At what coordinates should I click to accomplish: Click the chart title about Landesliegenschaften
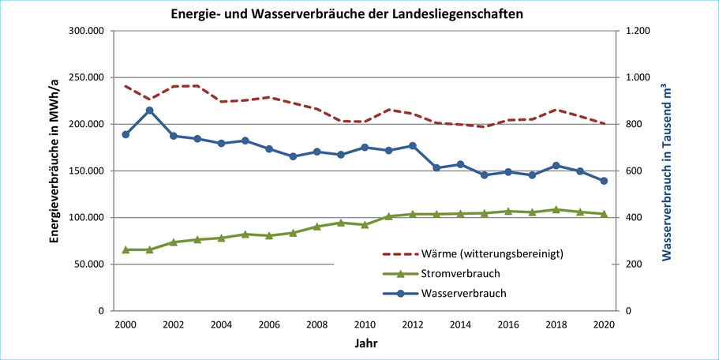[x=347, y=14]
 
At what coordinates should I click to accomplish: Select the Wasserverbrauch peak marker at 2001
[x=149, y=111]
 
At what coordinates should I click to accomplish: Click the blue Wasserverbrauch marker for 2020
[x=604, y=181]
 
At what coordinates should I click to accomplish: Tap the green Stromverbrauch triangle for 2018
[x=556, y=209]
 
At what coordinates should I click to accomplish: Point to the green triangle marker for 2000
[x=125, y=249]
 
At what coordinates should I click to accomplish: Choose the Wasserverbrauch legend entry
[x=463, y=294]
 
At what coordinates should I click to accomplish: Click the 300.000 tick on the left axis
[x=87, y=32]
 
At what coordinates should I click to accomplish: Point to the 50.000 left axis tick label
[x=89, y=264]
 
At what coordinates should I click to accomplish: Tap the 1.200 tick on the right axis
[x=637, y=32]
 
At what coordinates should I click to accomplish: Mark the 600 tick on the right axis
[x=633, y=171]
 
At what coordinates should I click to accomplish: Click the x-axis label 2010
[x=365, y=324]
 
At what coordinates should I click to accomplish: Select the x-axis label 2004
[x=221, y=324]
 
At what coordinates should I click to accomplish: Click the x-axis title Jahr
[x=365, y=344]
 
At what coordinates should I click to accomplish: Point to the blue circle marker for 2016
[x=508, y=172]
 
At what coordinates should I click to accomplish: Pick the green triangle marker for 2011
[x=388, y=216]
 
